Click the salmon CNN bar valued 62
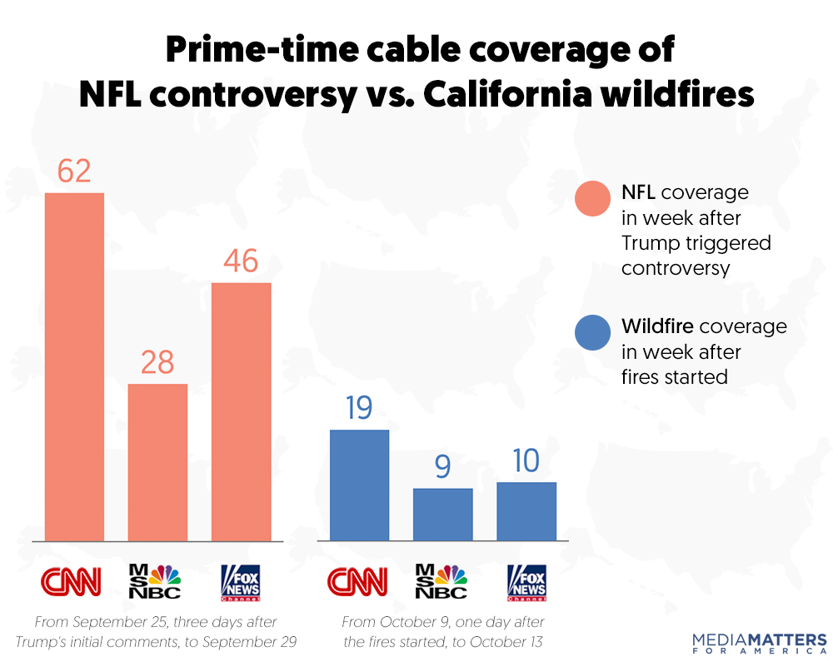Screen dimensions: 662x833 (x=74, y=366)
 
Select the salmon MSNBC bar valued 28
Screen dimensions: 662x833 (x=157, y=462)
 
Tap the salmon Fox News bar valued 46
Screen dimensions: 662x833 (x=241, y=412)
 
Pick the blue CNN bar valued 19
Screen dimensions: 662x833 (x=359, y=485)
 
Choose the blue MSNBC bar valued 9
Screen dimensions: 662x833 (x=442, y=515)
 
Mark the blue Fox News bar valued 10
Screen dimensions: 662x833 (x=526, y=511)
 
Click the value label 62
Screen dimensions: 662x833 (x=74, y=171)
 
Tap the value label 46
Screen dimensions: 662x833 (x=241, y=261)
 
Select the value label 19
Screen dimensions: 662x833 (x=359, y=408)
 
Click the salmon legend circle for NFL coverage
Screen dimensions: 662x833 (x=593, y=198)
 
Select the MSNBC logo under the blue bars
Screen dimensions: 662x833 (x=441, y=582)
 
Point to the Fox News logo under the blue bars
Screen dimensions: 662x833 (x=526, y=582)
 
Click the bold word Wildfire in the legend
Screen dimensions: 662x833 (x=657, y=326)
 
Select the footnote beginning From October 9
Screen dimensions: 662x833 (x=441, y=632)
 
